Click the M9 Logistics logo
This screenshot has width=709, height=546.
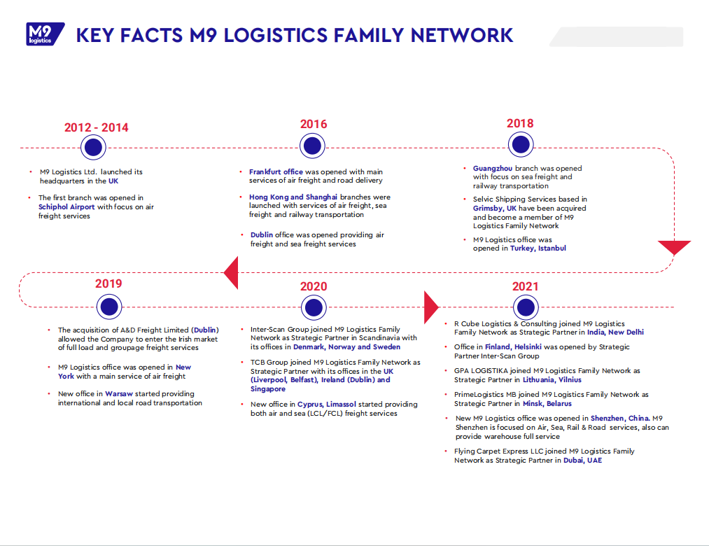click(43, 34)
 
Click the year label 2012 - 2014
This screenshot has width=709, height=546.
click(97, 127)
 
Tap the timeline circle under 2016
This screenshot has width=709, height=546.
click(312, 146)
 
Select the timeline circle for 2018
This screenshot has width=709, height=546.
click(520, 145)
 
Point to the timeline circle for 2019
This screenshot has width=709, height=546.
click(108, 307)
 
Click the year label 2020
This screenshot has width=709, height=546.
click(314, 286)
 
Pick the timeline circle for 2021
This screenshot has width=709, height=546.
click(526, 307)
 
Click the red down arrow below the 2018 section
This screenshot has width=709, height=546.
click(674, 248)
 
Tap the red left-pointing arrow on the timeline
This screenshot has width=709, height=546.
click(231, 272)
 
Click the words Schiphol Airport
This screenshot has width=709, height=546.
click(67, 206)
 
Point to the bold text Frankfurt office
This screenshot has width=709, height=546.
click(276, 171)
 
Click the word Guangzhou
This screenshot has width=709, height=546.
click(493, 168)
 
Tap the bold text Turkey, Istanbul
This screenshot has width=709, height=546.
click(538, 248)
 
